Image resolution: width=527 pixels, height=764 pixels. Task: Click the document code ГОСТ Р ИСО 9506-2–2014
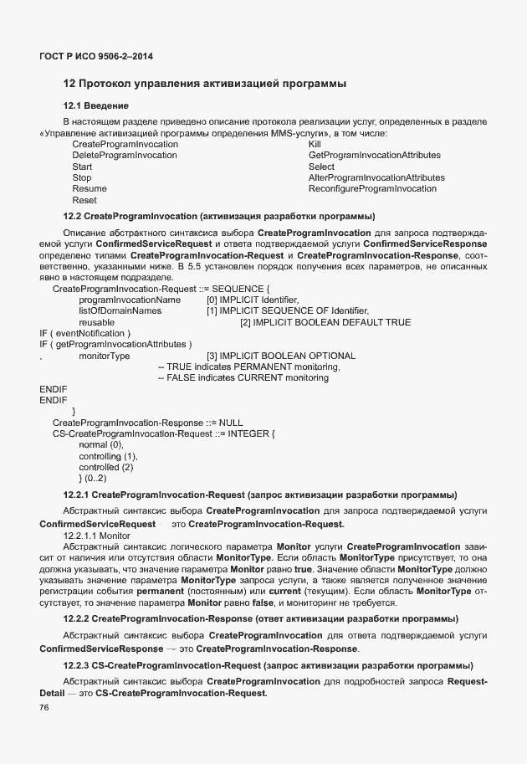coord(96,56)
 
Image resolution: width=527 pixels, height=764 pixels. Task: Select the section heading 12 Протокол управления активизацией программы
coord(205,84)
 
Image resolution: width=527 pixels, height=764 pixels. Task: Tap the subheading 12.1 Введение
coord(95,105)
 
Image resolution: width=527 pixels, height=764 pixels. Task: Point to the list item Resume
coord(90,189)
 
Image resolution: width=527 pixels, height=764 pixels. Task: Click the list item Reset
coord(84,200)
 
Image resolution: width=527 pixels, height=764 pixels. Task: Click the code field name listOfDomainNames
coord(120,310)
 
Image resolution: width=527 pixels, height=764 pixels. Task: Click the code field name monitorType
coord(104,356)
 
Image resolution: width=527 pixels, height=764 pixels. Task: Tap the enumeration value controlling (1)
coord(108,456)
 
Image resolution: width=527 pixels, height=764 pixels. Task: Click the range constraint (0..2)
coord(92,478)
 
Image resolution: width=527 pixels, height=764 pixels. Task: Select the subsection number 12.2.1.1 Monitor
coord(97,535)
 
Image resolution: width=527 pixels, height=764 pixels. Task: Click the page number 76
coord(44,708)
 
